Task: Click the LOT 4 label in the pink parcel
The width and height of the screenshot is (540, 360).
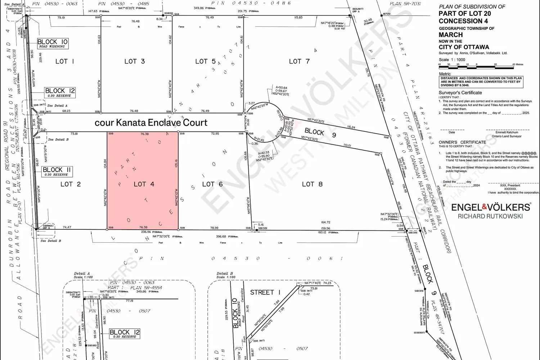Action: pos(144,184)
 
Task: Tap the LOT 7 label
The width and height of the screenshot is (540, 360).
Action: pos(299,62)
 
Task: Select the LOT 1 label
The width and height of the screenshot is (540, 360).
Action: pos(65,62)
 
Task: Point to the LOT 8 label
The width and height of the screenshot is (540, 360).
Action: pos(312,184)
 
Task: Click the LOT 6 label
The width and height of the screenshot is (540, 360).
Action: pos(212,184)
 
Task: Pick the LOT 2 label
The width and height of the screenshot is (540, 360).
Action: pos(71,184)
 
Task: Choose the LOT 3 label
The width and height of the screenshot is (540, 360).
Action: pos(135,62)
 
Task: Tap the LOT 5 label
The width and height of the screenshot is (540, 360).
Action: pos(206,62)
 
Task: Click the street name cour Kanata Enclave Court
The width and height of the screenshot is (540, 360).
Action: pos(151,123)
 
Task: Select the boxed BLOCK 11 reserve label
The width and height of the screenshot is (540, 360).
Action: pos(57,171)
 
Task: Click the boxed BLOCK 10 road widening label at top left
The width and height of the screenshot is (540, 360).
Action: pos(53,44)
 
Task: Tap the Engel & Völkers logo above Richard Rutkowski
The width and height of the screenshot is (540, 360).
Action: pos(491,207)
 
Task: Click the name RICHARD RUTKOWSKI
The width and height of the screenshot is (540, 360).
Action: pos(490,216)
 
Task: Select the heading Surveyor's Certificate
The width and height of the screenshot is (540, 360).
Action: pos(461,93)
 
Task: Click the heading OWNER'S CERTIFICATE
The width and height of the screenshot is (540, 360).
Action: pos(462,142)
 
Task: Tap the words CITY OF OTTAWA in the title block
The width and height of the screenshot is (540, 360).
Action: pos(464,47)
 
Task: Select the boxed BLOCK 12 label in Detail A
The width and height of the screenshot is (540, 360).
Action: pos(125,334)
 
